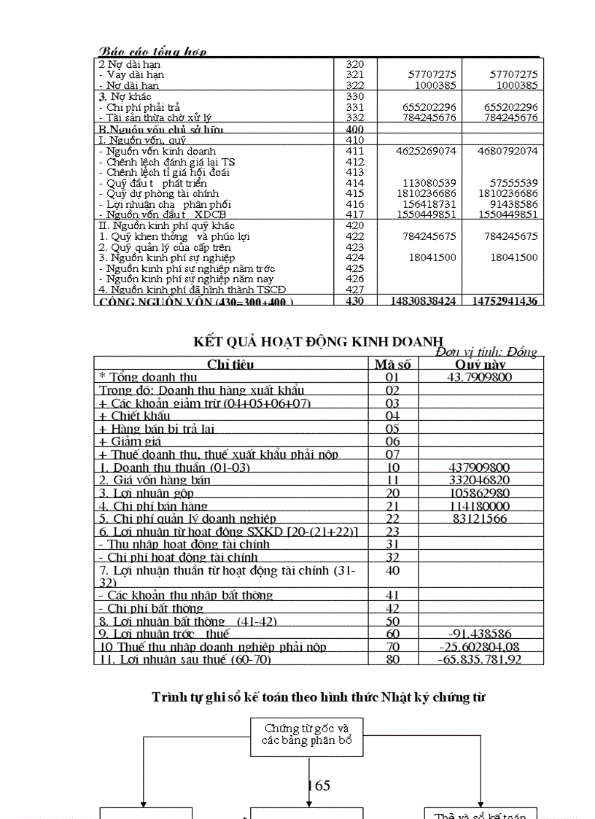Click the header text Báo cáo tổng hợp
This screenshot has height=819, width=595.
tap(152, 51)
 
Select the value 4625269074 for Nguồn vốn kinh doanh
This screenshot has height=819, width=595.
tap(427, 151)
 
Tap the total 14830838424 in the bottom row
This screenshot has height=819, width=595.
tap(424, 300)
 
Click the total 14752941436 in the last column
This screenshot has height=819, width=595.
tap(505, 300)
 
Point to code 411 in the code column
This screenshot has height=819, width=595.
tap(354, 151)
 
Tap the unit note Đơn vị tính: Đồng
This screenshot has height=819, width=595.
tap(486, 352)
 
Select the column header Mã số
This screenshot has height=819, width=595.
tap(392, 364)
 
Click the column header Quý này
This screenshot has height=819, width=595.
tap(481, 364)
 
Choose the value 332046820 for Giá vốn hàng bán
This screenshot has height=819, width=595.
tap(481, 480)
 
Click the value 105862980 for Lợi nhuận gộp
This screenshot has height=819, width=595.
tap(481, 493)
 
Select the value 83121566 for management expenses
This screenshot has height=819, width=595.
tap(481, 519)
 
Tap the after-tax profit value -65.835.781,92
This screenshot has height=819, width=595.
tap(480, 659)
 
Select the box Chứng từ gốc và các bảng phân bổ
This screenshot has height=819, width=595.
tap(307, 734)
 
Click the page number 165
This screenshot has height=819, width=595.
tap(319, 785)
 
